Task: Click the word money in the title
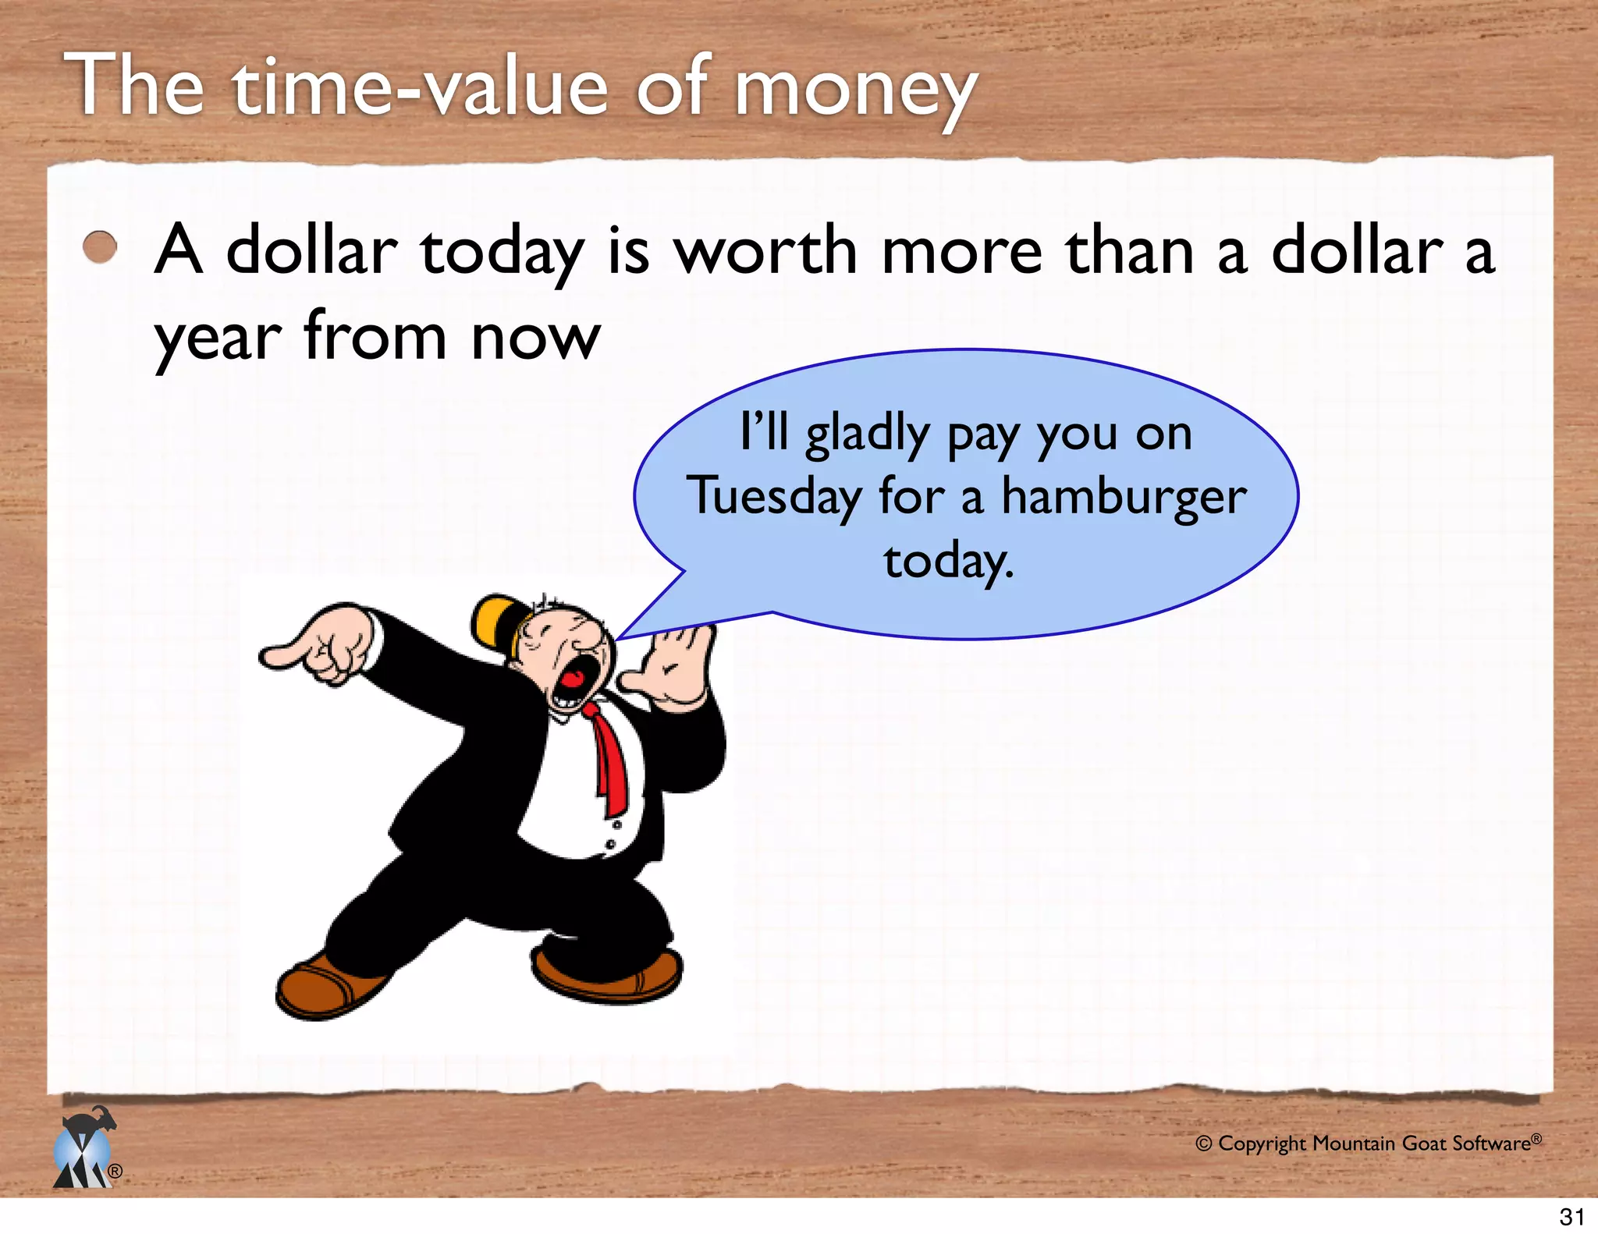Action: [x=856, y=90]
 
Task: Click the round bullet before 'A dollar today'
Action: [x=100, y=248]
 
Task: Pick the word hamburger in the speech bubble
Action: [x=1124, y=498]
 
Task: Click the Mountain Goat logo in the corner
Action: [x=84, y=1150]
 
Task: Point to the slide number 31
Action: [x=1571, y=1216]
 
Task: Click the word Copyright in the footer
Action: [x=1261, y=1144]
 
